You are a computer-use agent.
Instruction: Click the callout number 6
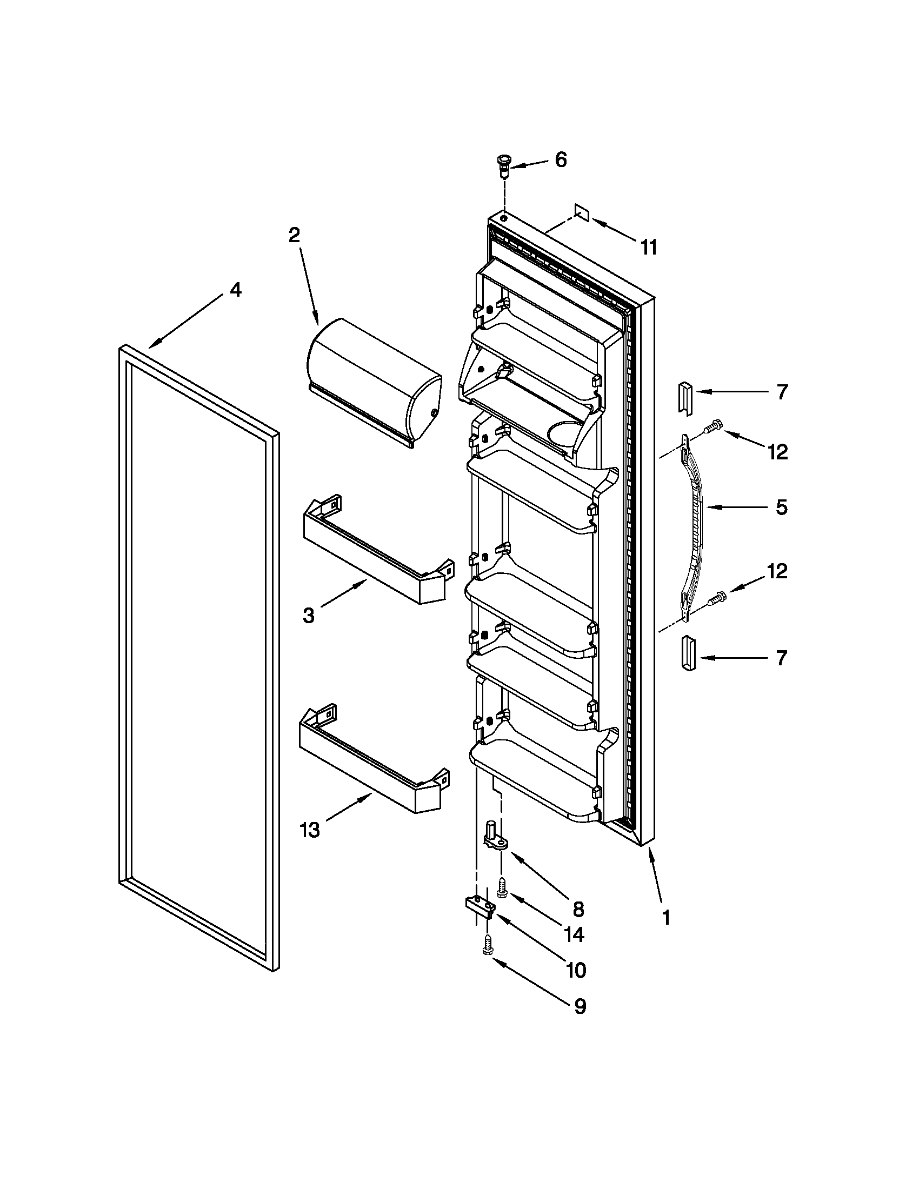pyautogui.click(x=560, y=160)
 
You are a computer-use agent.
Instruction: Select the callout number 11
pyautogui.click(x=648, y=248)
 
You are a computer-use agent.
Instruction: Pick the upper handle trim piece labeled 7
pyautogui.click(x=684, y=398)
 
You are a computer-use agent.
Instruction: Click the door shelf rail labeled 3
pyautogui.click(x=375, y=551)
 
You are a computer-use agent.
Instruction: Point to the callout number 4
pyautogui.click(x=235, y=290)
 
